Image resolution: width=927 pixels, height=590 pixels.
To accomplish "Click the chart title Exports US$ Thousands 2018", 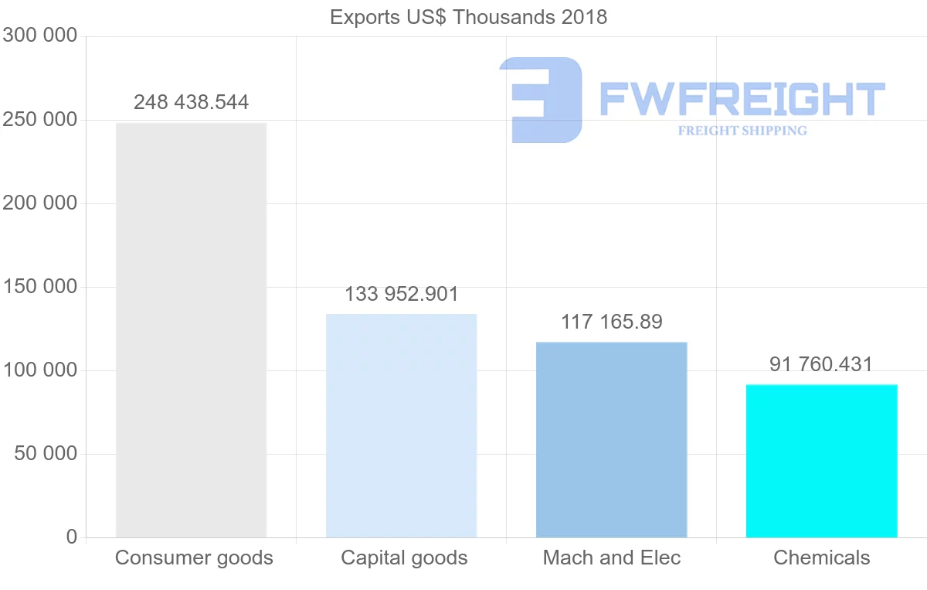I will click(468, 17).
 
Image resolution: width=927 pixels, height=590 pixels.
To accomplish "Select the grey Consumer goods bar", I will click(191, 330).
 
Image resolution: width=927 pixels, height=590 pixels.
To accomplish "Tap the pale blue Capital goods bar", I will click(401, 425).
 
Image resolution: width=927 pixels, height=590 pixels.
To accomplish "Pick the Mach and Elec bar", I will click(611, 439).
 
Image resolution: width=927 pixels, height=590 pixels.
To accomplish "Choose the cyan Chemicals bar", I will click(821, 461).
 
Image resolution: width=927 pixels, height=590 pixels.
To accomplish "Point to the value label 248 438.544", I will click(191, 102).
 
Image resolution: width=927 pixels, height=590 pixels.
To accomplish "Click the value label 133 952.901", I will click(401, 294).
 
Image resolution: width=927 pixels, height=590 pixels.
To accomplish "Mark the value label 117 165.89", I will click(611, 322).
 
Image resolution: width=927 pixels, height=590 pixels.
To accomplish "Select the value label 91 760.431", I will click(821, 364).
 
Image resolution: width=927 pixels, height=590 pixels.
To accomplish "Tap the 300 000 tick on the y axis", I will click(39, 36).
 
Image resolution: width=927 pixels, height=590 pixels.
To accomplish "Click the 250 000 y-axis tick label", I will click(39, 120).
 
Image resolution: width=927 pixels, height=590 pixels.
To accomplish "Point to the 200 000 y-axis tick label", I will click(39, 203).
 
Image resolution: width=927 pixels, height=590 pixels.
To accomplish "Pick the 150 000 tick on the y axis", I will click(39, 287).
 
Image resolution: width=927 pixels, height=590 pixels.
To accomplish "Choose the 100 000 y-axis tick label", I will click(39, 370).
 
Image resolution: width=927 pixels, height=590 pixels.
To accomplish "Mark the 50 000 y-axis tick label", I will click(46, 454).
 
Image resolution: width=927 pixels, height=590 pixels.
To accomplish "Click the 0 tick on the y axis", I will click(72, 537).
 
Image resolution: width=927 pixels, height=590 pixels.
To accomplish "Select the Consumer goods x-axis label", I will click(194, 558).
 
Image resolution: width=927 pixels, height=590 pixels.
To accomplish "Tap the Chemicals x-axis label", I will click(821, 558).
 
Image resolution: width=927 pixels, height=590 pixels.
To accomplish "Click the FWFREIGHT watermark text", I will click(742, 99).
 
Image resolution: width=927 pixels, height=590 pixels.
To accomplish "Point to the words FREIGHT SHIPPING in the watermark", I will click(742, 131).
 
